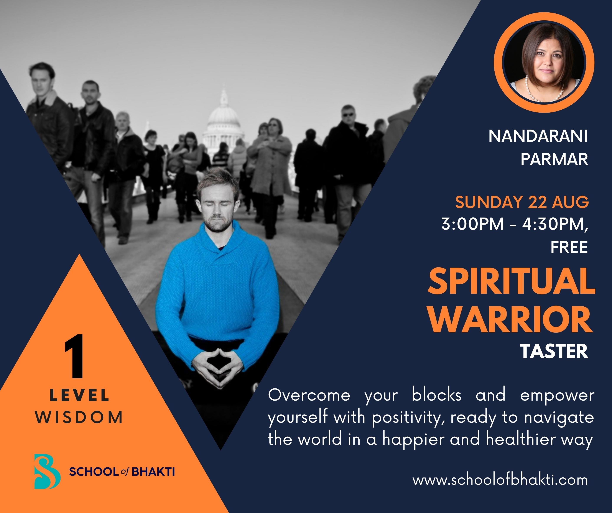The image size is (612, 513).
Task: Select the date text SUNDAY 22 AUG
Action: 522,202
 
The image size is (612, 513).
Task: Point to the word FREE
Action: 569,247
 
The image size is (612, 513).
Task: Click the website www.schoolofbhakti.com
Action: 500,480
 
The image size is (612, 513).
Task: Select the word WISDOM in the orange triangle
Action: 79,417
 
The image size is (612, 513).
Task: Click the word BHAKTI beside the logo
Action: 153,472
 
